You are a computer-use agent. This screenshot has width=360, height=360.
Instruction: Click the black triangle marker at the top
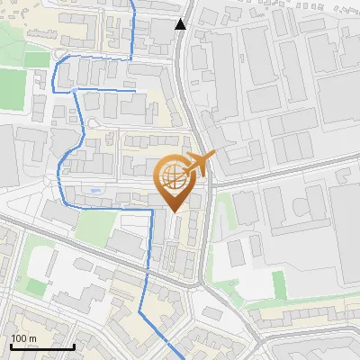tap(181, 24)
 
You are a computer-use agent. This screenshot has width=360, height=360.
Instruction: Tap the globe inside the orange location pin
tap(172, 178)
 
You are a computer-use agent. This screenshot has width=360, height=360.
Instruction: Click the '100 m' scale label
tap(24, 338)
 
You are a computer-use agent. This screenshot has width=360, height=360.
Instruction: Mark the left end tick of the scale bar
tap(12, 346)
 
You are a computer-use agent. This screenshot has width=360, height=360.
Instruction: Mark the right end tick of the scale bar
tap(74, 346)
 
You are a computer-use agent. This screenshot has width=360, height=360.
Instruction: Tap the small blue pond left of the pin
tap(95, 192)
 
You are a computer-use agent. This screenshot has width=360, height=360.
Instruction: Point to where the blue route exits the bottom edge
tap(174, 358)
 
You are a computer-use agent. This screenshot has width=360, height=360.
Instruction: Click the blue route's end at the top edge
tap(135, 2)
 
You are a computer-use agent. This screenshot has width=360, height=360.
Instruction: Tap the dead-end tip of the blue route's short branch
tap(134, 90)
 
